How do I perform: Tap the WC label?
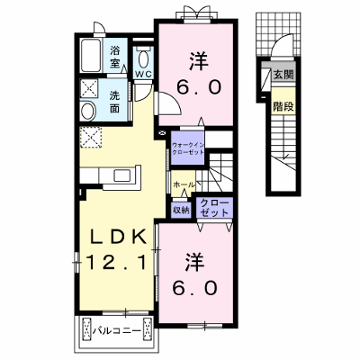(144, 75)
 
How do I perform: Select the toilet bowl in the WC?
(144, 59)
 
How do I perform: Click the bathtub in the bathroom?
(90, 56)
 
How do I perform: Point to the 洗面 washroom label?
(114, 102)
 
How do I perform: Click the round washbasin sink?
(88, 111)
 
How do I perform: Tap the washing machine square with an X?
(89, 89)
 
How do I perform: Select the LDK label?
(119, 238)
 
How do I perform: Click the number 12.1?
(118, 262)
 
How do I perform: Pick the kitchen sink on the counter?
(121, 175)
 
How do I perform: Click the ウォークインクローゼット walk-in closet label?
(188, 148)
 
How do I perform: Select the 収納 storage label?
(181, 211)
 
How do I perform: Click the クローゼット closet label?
(214, 208)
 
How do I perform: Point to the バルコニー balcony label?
(116, 331)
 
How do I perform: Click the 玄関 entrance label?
(283, 74)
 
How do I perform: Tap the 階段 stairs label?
(283, 106)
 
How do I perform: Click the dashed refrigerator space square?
(91, 138)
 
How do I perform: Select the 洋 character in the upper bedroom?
(198, 61)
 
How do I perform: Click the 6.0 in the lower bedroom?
(194, 288)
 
